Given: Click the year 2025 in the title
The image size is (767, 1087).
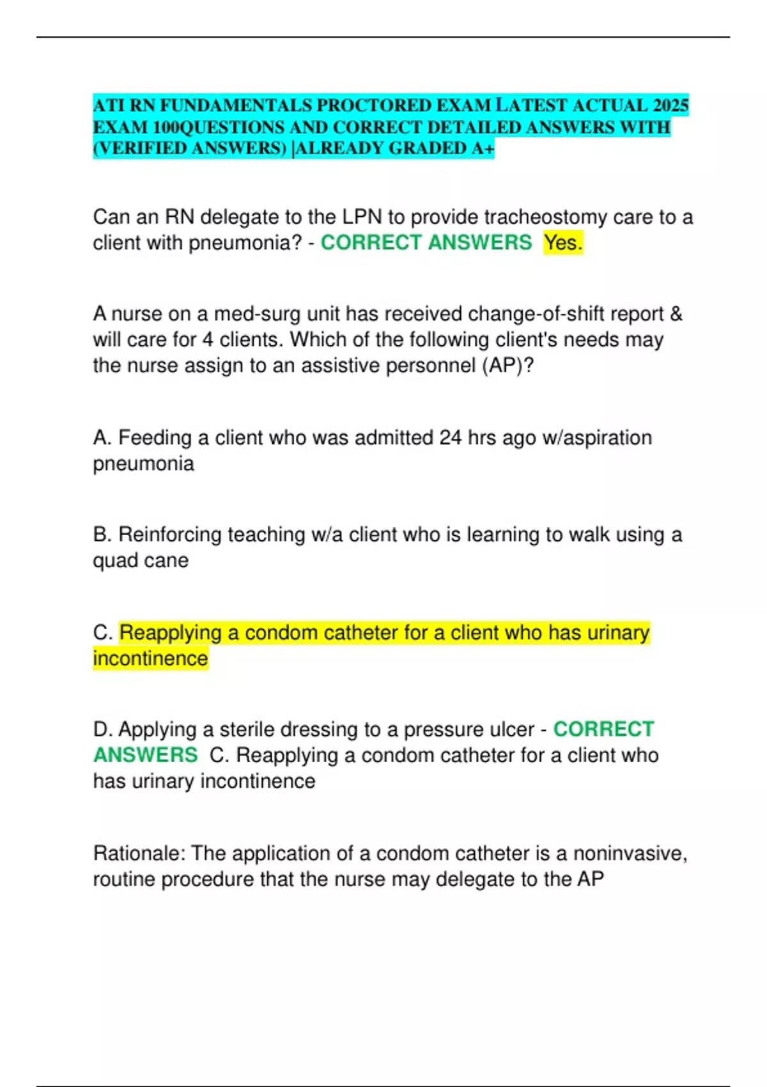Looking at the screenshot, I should tap(670, 105).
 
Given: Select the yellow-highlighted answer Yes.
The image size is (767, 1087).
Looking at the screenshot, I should tap(563, 243).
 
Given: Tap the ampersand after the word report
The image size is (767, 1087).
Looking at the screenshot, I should tap(676, 314).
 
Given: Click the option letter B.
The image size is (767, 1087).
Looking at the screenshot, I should tap(102, 535).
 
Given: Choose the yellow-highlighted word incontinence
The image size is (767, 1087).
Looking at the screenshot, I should tap(151, 659).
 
